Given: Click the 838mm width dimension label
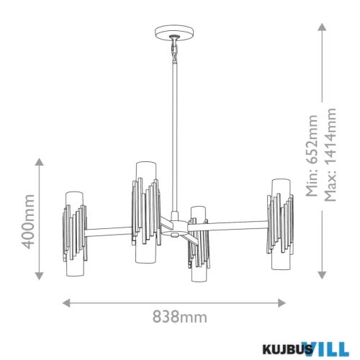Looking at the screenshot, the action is tap(180, 317).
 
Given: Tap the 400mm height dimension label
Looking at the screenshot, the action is tap(28, 222).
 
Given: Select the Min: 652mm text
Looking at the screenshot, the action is tap(312, 156).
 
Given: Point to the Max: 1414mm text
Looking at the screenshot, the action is tap(330, 155).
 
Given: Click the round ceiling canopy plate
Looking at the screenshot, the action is tap(174, 32).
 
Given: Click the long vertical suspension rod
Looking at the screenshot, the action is tap(175, 137).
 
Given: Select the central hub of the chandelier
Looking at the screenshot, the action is tap(175, 227).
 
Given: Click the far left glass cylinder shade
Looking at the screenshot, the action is tap(75, 233).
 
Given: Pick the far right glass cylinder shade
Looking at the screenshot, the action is tap(281, 224).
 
